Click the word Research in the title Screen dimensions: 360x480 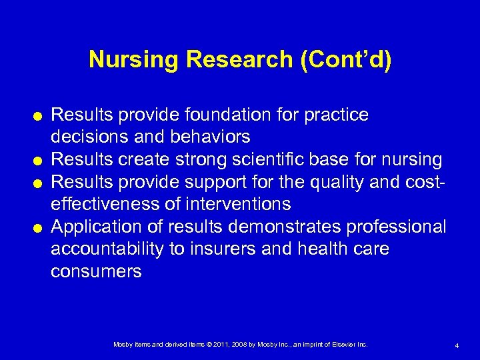point(240,60)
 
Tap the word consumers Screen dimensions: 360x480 point(96,271)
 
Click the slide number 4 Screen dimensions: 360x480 point(457,345)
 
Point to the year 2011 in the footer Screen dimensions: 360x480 point(220,344)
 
